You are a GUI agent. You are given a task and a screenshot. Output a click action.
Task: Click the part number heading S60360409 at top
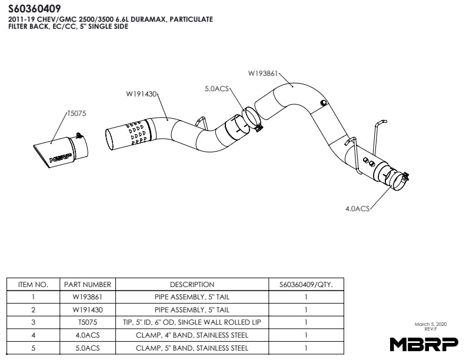(x=34, y=9)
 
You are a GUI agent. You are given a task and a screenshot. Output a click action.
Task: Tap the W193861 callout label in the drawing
(x=262, y=74)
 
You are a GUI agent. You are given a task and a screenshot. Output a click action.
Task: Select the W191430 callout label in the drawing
(x=141, y=93)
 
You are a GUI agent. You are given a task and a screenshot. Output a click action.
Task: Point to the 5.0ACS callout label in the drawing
(x=216, y=89)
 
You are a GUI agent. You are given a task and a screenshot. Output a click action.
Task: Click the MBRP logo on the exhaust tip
(x=61, y=158)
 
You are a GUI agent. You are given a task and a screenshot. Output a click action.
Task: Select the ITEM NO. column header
(x=33, y=284)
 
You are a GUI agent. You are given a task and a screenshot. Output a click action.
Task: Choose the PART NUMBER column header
(x=88, y=284)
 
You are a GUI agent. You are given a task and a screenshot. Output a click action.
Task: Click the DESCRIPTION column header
(x=192, y=284)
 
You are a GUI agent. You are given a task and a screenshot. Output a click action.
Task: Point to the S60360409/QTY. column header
(x=306, y=284)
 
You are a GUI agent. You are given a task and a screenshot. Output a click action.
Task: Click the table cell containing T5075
(x=88, y=322)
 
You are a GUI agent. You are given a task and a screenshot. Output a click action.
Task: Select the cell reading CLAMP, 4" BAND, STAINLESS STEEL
(x=192, y=335)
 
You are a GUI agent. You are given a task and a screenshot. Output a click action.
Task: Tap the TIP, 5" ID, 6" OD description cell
(x=192, y=322)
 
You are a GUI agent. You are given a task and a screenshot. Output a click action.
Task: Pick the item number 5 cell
(x=33, y=348)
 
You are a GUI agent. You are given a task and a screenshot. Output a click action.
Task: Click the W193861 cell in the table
(x=88, y=297)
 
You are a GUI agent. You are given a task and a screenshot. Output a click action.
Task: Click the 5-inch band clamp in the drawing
(x=252, y=117)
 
